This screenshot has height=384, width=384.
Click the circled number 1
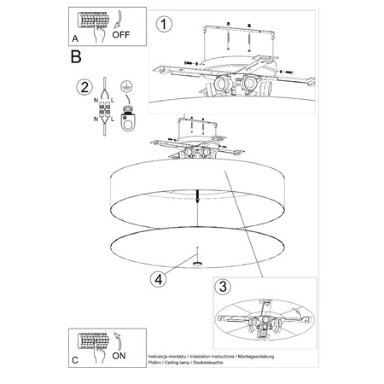pos(162,26)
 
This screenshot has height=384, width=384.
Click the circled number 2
pos(84,87)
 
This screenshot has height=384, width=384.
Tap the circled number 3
pos(223,287)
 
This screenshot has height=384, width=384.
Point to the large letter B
pos(76,58)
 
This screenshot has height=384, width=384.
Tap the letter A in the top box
pos(75,38)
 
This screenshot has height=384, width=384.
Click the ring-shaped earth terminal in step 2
pos(127,122)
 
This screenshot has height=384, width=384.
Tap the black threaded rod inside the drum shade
pos(197,195)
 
